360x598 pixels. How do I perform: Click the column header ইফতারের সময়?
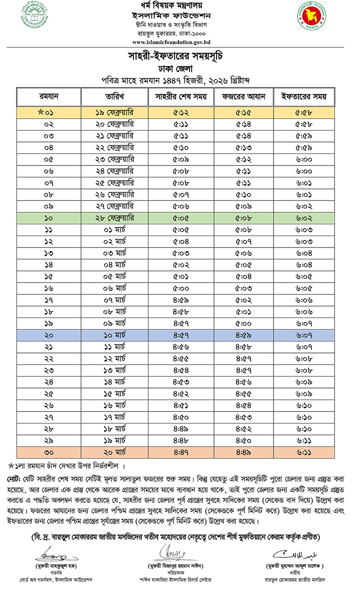click(x=304, y=96)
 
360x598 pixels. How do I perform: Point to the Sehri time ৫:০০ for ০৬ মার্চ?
click(x=181, y=288)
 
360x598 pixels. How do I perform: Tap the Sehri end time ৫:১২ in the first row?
click(x=181, y=113)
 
